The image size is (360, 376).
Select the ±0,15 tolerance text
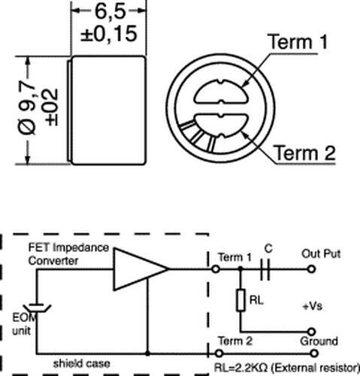[109, 34]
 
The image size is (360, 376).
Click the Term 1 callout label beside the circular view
[298, 41]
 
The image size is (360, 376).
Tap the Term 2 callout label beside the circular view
[304, 153]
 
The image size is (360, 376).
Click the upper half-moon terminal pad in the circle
[221, 92]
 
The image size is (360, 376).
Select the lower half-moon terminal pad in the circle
[221, 126]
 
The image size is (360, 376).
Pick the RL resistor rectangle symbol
[241, 300]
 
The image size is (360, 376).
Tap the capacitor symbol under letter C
[265, 269]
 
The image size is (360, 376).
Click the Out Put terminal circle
[311, 269]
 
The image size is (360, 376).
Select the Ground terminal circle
[313, 353]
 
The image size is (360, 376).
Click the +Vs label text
[312, 306]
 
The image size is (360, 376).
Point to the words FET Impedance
[68, 247]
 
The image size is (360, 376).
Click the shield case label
[81, 363]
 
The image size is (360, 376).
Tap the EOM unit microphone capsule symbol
[37, 308]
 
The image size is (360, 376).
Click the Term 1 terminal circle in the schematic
[216, 269]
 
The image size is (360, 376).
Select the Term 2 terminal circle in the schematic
[219, 353]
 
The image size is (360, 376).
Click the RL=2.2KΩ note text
[287, 368]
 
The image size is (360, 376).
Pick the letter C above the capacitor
[268, 249]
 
